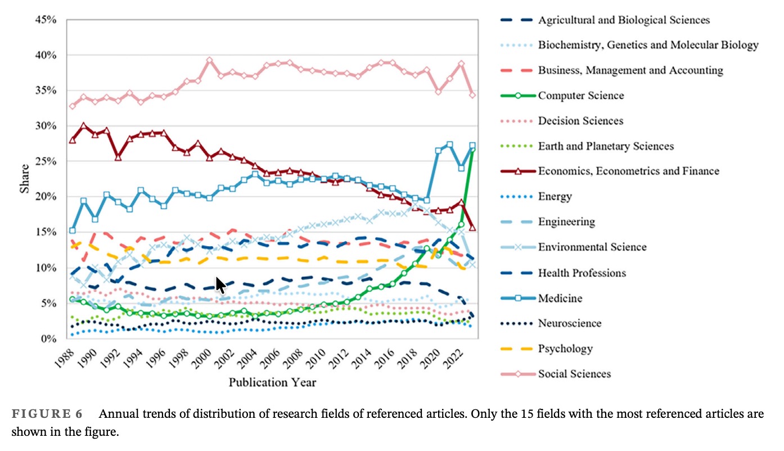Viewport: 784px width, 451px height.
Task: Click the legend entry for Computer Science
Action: pyautogui.click(x=581, y=95)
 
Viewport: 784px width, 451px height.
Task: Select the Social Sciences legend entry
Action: pyautogui.click(x=574, y=373)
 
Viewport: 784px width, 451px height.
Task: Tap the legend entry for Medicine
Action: pyautogui.click(x=560, y=298)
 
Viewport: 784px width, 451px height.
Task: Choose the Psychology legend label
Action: pyautogui.click(x=565, y=348)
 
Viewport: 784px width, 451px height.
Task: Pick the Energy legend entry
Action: pyautogui.click(x=555, y=196)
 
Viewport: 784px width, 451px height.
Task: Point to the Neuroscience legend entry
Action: pyautogui.click(x=570, y=323)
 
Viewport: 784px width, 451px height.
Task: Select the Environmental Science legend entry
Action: pyautogui.click(x=592, y=247)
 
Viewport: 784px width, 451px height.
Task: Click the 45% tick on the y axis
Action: pyautogui.click(x=45, y=20)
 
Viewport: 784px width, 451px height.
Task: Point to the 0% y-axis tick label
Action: pyautogui.click(x=48, y=339)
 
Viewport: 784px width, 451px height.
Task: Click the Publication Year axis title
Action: pyautogui.click(x=272, y=382)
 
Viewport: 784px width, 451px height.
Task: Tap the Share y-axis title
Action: pyautogui.click(x=24, y=178)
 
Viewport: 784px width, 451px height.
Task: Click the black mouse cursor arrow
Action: pyautogui.click(x=220, y=285)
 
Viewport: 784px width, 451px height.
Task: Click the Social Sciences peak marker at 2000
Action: pyautogui.click(x=209, y=60)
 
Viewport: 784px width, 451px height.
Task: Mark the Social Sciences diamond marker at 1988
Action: pyautogui.click(x=72, y=106)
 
